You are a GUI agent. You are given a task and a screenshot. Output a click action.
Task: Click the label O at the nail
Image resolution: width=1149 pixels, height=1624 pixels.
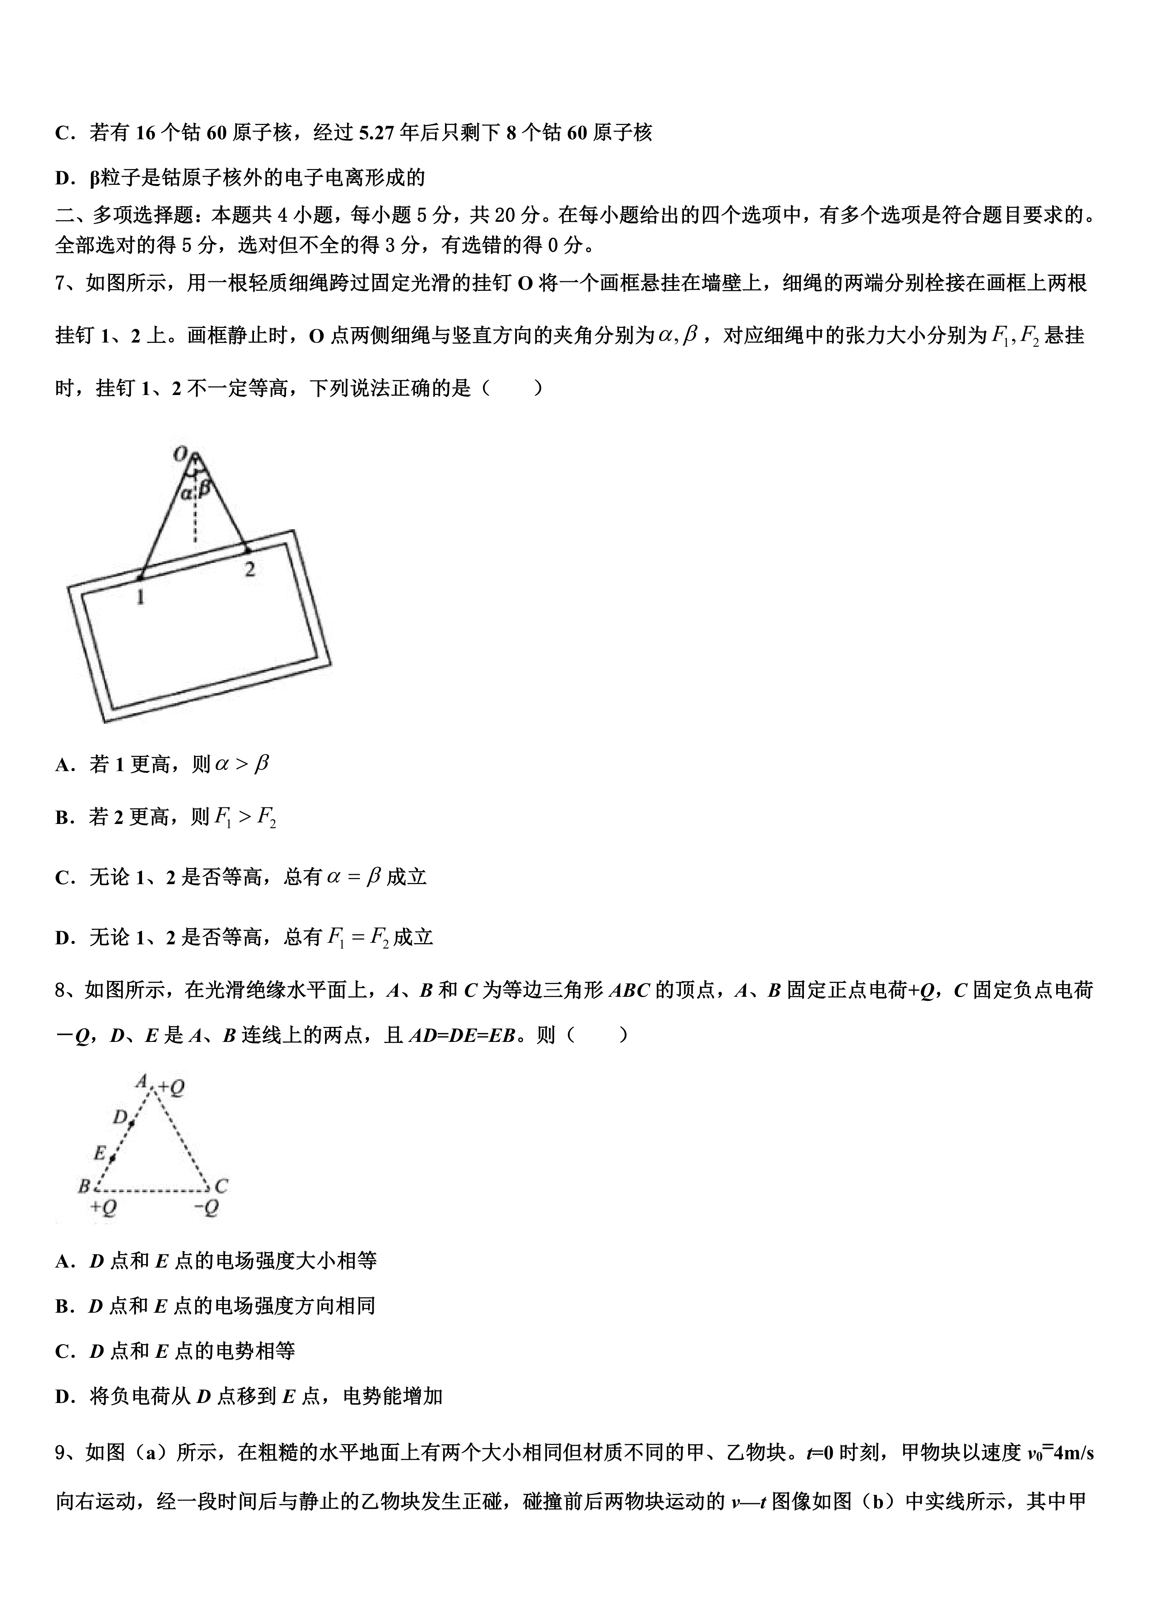point(180,453)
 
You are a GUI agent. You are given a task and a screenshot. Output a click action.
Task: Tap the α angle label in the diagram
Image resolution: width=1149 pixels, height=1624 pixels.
point(185,493)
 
